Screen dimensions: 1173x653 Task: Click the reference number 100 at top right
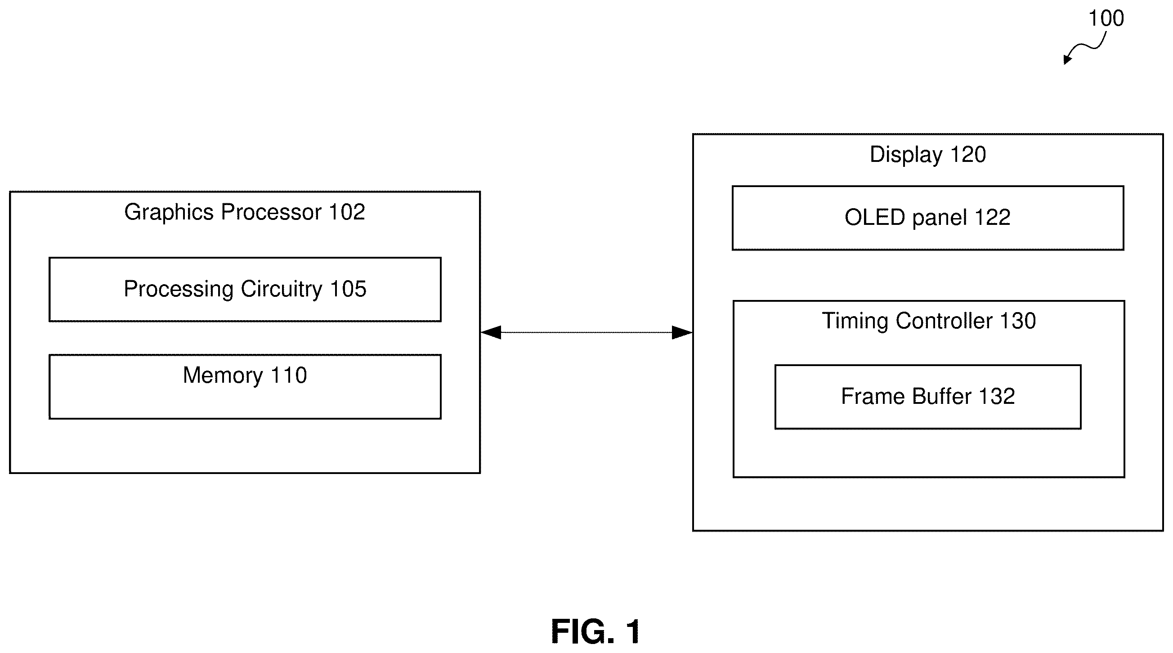1106,19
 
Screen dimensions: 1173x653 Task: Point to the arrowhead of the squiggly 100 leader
1067,60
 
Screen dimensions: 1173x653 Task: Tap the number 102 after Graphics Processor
347,212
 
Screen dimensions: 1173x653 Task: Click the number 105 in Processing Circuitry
349,289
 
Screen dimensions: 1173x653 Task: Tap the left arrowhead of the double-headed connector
491,332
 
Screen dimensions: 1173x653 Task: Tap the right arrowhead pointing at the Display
682,332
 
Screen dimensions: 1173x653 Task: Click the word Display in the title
906,155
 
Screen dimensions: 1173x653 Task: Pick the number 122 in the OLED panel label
992,217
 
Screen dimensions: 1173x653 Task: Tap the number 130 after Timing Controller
1018,321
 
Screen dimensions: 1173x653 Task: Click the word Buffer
942,396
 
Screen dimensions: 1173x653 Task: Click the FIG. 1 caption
595,631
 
